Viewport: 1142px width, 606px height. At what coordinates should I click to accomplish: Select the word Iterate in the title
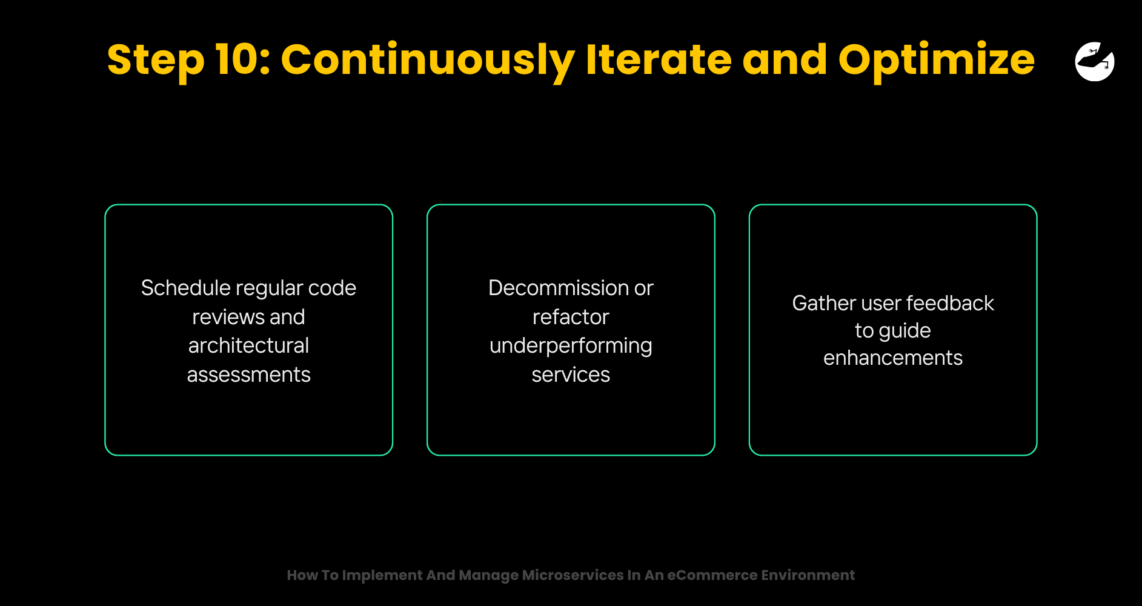659,59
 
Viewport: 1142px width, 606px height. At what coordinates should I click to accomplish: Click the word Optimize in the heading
937,61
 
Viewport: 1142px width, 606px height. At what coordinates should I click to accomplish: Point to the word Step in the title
156,61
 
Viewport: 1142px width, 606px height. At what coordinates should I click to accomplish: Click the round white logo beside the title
1095,61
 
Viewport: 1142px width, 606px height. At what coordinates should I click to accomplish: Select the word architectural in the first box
248,345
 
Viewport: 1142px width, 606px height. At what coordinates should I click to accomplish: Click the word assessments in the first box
248,375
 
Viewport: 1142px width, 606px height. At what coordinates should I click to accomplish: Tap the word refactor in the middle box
571,317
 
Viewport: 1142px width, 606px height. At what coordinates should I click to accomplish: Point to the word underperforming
571,346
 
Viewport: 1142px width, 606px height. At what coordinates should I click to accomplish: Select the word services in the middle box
571,375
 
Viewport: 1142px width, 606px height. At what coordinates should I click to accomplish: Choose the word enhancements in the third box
893,358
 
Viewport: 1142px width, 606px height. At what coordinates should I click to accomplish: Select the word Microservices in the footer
573,575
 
